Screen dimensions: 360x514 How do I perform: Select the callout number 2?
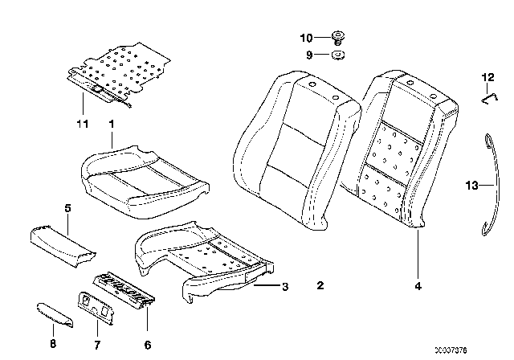click(320, 285)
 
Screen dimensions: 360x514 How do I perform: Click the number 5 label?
click(67, 209)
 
